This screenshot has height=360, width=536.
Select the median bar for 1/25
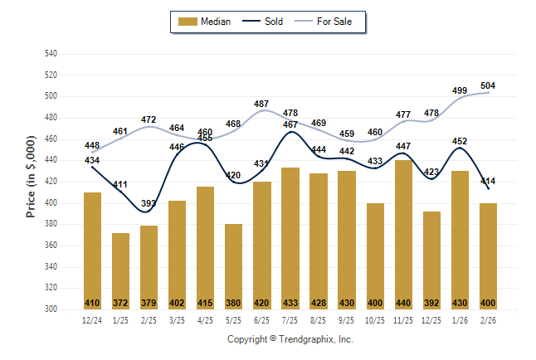pos(120,270)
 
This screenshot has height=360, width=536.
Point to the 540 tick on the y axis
pos(51,54)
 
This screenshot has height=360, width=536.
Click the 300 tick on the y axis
pos(51,309)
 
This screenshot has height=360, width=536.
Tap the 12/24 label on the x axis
pos(92,320)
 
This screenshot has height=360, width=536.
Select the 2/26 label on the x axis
pos(488,320)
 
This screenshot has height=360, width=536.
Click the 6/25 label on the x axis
pos(262,320)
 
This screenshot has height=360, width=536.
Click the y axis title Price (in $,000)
pos(31,180)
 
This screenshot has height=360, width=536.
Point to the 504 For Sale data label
pos(488,86)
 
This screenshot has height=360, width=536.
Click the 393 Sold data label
pos(149,203)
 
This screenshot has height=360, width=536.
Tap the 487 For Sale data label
pos(262,105)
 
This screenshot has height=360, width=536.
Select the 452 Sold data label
pos(460,141)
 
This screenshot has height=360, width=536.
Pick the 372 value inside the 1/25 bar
pos(120,303)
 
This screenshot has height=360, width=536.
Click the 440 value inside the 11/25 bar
pos(403,303)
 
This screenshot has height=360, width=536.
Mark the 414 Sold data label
pos(488,181)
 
